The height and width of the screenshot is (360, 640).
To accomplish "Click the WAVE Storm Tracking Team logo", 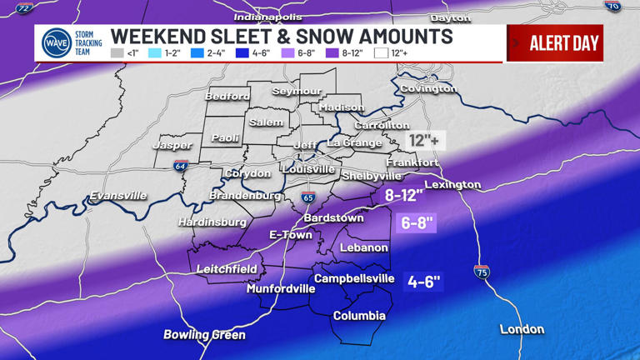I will pyautogui.click(x=57, y=42).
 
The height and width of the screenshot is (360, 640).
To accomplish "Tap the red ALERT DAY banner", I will pyautogui.click(x=555, y=43).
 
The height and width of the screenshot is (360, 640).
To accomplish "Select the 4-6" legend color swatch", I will pyautogui.click(x=241, y=53).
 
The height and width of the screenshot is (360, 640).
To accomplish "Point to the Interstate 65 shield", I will pyautogui.click(x=308, y=198).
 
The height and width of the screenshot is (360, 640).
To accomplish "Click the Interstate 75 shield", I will pyautogui.click(x=482, y=272).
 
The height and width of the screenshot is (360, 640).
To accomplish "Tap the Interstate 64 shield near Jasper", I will pyautogui.click(x=181, y=166).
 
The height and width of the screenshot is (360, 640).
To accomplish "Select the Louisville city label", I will pyautogui.click(x=307, y=169).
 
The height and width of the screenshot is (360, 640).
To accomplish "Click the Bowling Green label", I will pyautogui.click(x=204, y=335).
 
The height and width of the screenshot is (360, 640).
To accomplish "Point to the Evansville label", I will pyautogui.click(x=118, y=196).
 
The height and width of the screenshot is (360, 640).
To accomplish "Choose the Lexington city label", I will pyautogui.click(x=452, y=184).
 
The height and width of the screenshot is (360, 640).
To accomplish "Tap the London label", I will pyautogui.click(x=522, y=329).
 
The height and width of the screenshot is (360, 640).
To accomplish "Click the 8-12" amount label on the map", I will pyautogui.click(x=404, y=196).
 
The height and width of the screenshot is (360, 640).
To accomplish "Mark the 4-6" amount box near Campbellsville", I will pyautogui.click(x=423, y=282).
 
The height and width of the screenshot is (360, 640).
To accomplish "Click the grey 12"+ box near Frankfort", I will pyautogui.click(x=425, y=141).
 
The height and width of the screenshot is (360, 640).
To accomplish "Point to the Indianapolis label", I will pyautogui.click(x=267, y=17).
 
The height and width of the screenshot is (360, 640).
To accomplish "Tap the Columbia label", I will pyautogui.click(x=359, y=316).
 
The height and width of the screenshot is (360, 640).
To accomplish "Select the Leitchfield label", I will pyautogui.click(x=227, y=269).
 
